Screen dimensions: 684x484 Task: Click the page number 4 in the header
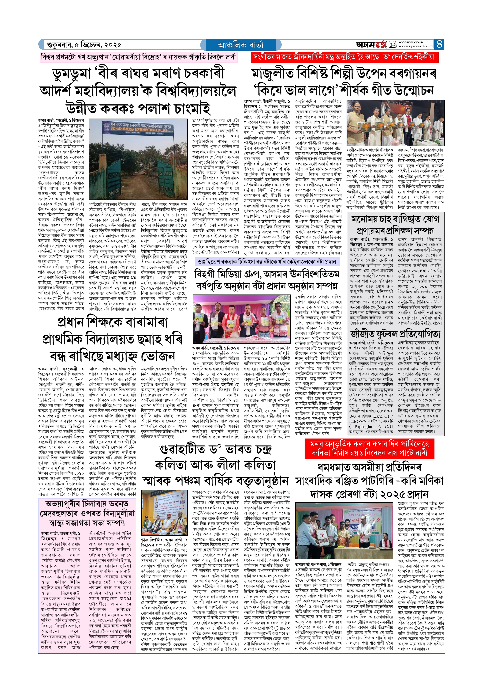coord(439,44)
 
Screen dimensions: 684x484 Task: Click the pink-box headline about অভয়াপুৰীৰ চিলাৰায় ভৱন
coord(87,513)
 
